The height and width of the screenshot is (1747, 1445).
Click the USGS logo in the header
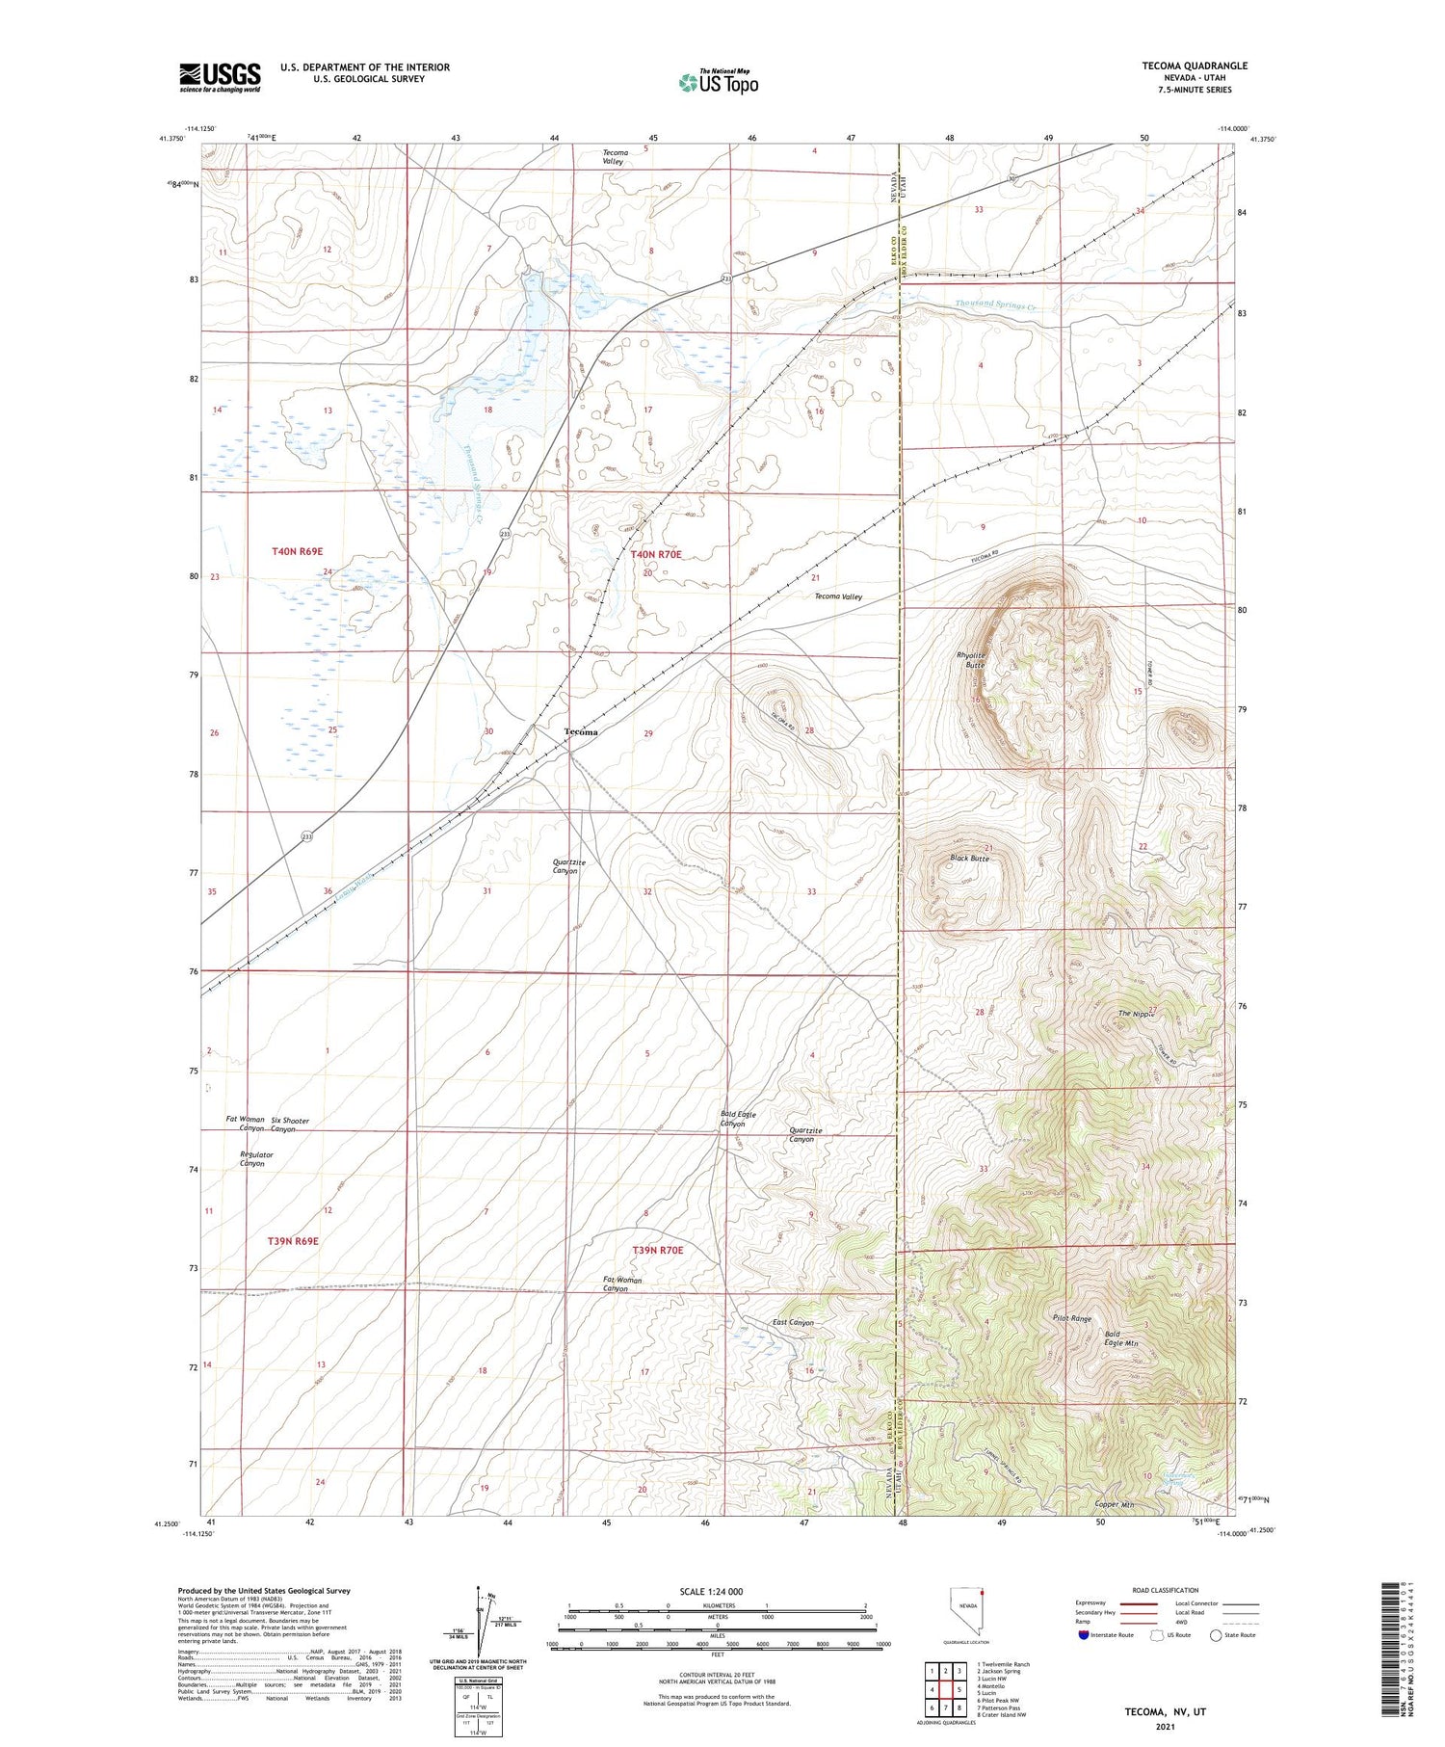coord(220,77)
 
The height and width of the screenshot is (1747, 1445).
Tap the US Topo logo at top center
coord(718,83)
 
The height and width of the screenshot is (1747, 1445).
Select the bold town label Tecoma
coord(581,732)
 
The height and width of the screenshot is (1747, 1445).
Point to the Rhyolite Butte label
coord(970,660)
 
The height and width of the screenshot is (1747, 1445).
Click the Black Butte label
coord(968,858)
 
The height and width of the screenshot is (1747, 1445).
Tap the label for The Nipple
coord(1135,1014)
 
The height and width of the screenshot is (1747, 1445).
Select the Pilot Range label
coord(1072,1318)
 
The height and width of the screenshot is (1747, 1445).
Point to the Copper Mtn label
coord(1115,1504)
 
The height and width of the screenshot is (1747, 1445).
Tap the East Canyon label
coord(793,1323)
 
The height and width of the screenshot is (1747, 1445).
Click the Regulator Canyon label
coord(256,1158)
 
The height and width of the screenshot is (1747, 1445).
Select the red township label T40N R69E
coord(298,551)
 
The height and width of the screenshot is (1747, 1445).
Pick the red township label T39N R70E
coord(658,1250)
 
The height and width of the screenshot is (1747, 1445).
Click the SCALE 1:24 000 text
coord(710,1591)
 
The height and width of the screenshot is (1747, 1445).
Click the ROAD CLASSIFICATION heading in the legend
coord(1166,1590)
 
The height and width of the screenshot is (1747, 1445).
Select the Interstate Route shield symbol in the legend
coord(1083,1635)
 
